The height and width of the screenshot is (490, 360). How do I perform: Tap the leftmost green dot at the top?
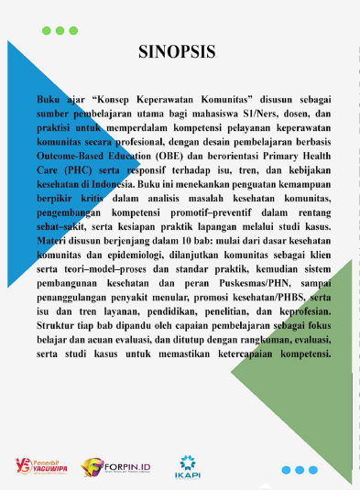pyautogui.click(x=48, y=30)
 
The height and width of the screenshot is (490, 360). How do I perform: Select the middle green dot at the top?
pyautogui.click(x=60, y=30)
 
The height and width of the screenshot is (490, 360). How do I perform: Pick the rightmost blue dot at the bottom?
pyautogui.click(x=311, y=470)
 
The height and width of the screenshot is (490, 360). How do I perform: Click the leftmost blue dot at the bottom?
pyautogui.click(x=286, y=470)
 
